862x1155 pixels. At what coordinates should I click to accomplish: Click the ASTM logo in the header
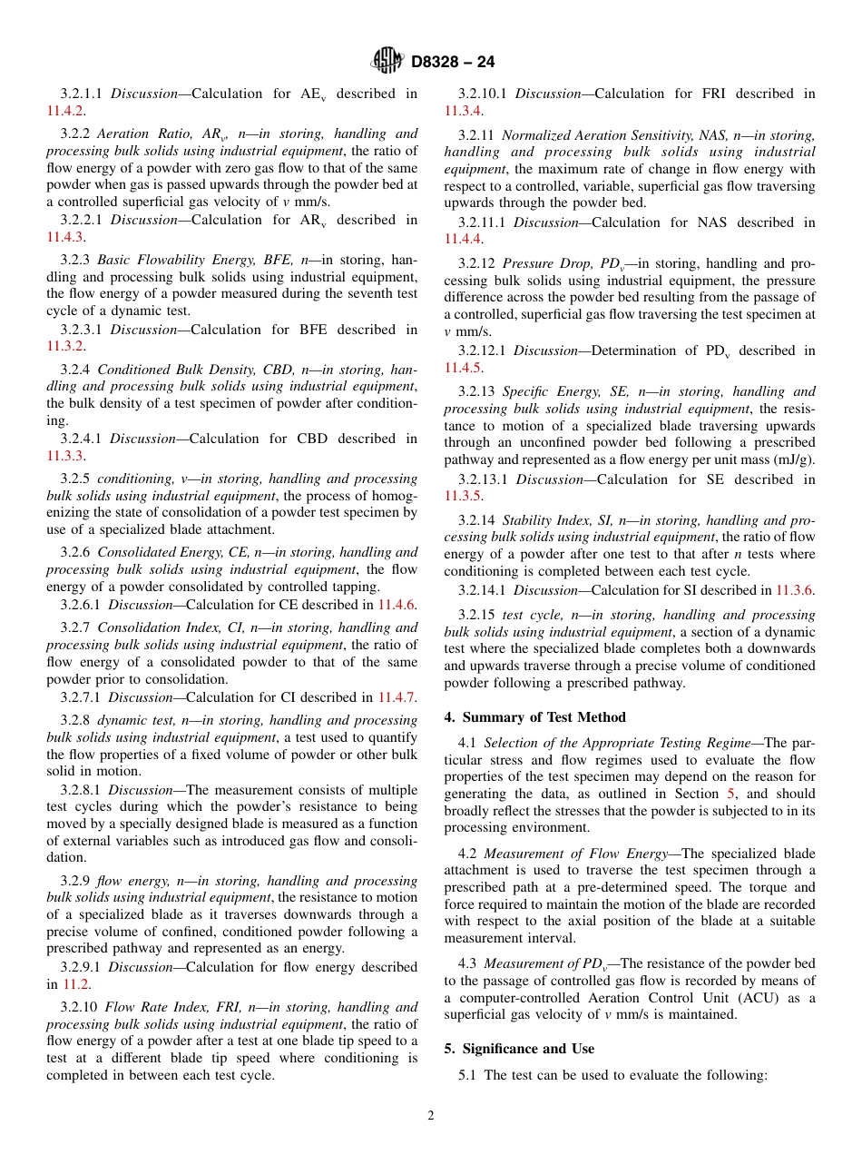click(387, 61)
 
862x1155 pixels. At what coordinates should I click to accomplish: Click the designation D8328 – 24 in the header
click(453, 62)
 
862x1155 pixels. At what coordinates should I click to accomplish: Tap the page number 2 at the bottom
click(431, 1116)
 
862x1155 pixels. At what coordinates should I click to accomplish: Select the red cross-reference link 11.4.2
click(65, 111)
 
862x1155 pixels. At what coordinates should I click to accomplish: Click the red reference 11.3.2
click(65, 347)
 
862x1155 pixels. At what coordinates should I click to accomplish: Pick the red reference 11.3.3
click(65, 456)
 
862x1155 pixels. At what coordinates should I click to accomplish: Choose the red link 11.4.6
click(397, 605)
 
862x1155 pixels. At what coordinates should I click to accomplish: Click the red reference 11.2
click(76, 984)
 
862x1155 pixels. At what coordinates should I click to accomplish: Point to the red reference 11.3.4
click(463, 111)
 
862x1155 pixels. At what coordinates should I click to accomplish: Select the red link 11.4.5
click(463, 368)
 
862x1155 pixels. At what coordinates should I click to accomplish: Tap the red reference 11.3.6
click(795, 591)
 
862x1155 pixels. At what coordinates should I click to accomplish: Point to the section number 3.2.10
click(79, 1007)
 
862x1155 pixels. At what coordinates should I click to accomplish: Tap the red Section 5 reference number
click(731, 794)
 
